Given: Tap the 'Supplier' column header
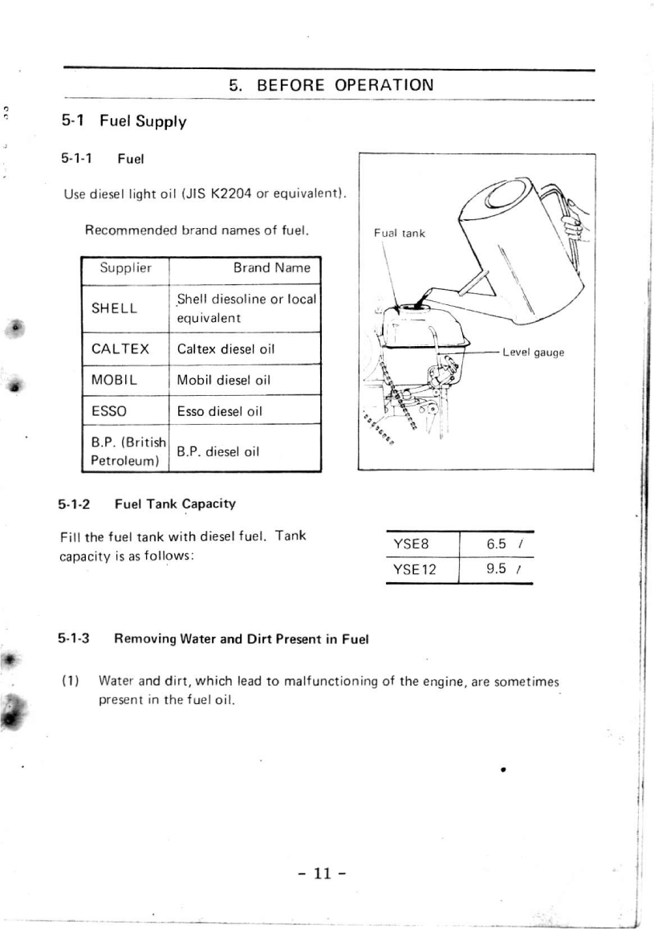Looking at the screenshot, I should coord(125,267).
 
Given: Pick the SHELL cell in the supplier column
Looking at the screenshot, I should coord(114,308).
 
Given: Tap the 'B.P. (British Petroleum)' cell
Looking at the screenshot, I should coord(127,451).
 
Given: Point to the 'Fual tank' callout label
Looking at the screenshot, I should coord(400,234).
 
